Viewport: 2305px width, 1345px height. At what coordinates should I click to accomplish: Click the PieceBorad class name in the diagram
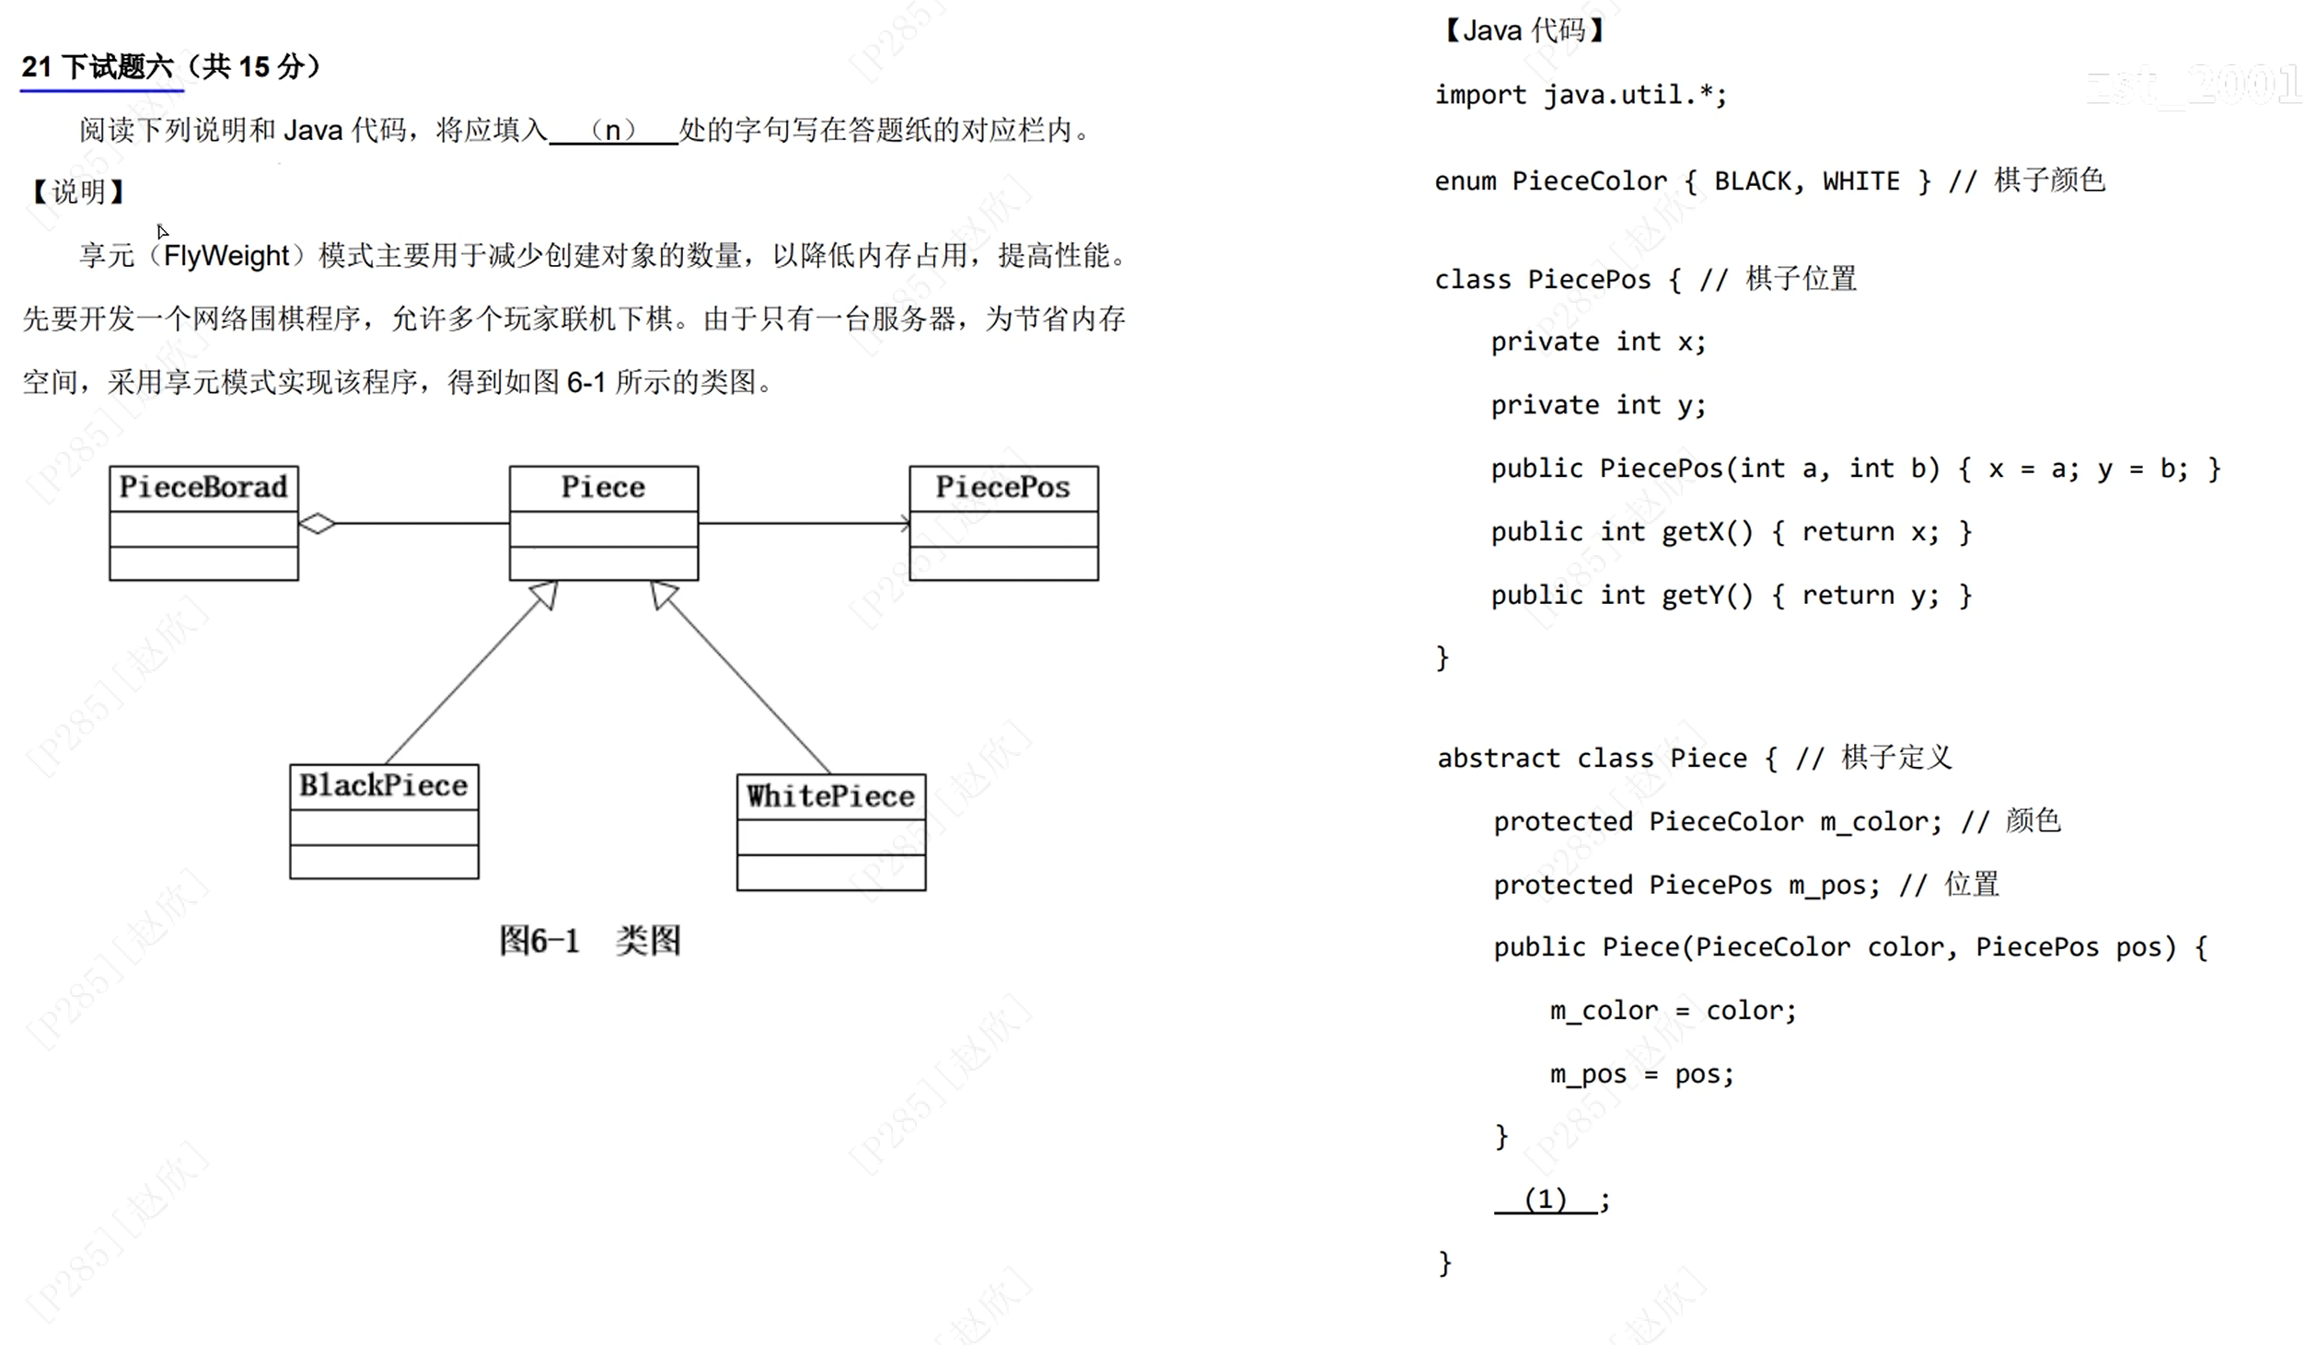coord(203,487)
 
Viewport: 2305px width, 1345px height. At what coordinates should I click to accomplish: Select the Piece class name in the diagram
coord(603,487)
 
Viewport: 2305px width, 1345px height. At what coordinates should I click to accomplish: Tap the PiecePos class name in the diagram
coord(1003,487)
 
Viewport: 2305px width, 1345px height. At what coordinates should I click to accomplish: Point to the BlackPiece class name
coord(384,785)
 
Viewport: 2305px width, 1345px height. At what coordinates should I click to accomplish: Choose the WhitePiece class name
coord(830,796)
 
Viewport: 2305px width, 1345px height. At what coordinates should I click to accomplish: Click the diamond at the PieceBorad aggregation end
coord(318,524)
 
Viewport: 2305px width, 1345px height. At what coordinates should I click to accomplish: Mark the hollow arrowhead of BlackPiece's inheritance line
coord(546,594)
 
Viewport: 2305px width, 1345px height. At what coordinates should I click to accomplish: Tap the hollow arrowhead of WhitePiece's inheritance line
coord(663,594)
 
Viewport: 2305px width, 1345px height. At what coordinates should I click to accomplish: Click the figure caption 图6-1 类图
coord(590,940)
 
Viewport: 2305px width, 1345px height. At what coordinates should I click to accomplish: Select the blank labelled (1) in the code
coord(1546,1200)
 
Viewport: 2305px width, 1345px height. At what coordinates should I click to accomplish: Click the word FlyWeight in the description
coord(226,256)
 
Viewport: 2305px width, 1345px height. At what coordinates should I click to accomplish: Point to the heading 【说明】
coord(78,192)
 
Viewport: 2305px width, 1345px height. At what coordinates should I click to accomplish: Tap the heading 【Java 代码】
coord(1523,31)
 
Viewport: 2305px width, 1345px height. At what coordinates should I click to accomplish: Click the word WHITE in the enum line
coord(1860,181)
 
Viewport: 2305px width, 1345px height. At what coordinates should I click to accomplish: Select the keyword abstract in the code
coord(1498,759)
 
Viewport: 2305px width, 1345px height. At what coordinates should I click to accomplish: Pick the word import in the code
coord(1480,95)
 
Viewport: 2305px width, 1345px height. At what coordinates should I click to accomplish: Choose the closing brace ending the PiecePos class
coord(1442,657)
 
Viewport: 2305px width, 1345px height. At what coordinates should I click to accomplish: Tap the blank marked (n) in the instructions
coord(613,130)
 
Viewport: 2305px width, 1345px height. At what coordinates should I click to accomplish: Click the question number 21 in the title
coord(37,67)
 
